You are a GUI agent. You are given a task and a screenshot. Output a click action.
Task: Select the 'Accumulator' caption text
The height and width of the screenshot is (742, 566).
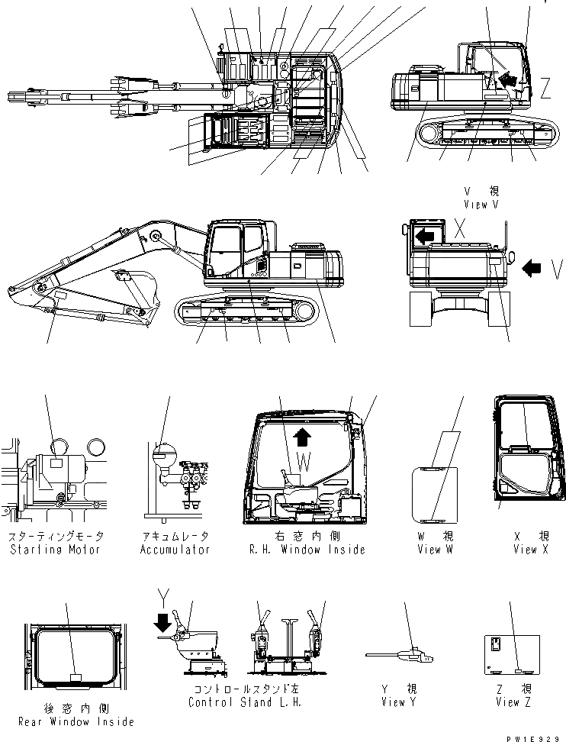pyautogui.click(x=175, y=550)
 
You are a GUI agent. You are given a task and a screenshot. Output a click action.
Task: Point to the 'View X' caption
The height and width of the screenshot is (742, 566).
pyautogui.click(x=530, y=550)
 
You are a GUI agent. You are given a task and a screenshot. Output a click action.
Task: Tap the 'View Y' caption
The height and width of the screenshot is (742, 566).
pyautogui.click(x=396, y=702)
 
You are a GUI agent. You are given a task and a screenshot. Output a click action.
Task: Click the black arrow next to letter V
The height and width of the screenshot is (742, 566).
pyautogui.click(x=534, y=268)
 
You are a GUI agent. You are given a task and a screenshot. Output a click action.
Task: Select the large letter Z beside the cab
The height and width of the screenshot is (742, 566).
pyautogui.click(x=545, y=90)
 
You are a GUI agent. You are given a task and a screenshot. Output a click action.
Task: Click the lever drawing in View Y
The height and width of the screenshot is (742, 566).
pyautogui.click(x=400, y=653)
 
